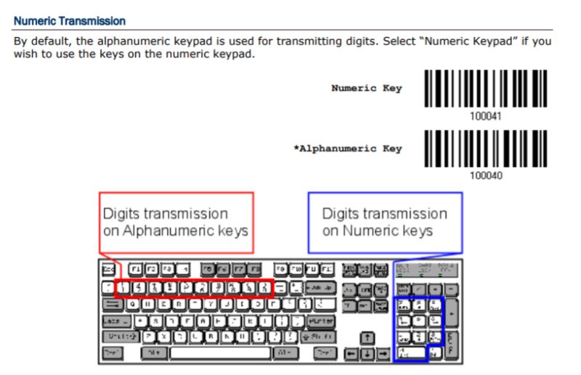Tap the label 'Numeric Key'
click(x=366, y=88)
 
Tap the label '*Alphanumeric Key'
click(x=347, y=149)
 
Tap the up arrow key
click(x=368, y=337)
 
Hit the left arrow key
click(x=352, y=353)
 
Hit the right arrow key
click(x=384, y=353)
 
